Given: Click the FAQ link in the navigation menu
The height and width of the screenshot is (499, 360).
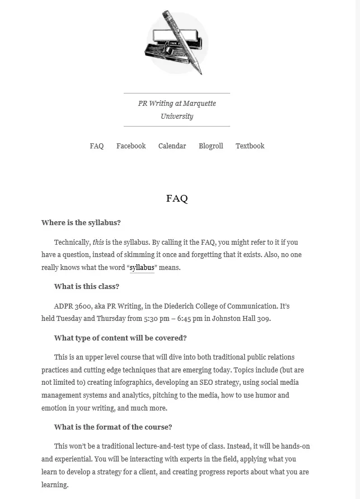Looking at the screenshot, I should click(96, 146).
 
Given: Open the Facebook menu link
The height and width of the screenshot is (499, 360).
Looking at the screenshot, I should click(130, 146).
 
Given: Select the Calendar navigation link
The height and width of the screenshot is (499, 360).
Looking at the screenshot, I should click(172, 146).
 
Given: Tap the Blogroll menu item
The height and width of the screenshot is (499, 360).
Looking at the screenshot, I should click(211, 146).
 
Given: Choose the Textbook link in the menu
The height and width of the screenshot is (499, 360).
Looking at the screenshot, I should click(250, 146).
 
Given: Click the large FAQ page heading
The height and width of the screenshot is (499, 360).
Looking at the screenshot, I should click(177, 198).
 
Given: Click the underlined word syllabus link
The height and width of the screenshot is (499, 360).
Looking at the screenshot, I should click(142, 268).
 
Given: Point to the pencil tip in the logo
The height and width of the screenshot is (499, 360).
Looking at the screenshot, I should click(200, 73).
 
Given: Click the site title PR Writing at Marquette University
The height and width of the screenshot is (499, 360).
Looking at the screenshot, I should click(177, 110).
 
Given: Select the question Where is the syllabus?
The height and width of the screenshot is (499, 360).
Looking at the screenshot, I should click(81, 222).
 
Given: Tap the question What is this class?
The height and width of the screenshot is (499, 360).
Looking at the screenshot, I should click(87, 286).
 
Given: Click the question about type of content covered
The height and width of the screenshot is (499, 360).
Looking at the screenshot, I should click(120, 338).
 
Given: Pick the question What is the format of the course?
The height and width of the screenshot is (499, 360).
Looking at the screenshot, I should click(113, 427).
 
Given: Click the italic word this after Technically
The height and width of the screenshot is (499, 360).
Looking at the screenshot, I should click(98, 242).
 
